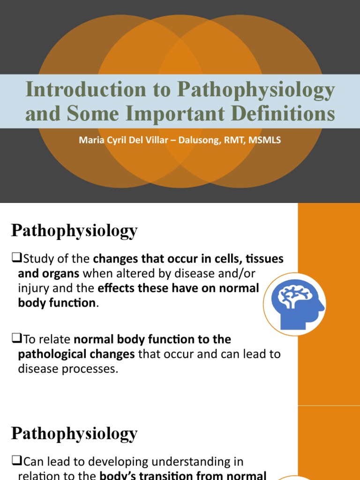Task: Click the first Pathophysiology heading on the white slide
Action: pyautogui.click(x=74, y=231)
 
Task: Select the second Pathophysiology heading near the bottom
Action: pyautogui.click(x=74, y=433)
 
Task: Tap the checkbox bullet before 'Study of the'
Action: pyautogui.click(x=16, y=259)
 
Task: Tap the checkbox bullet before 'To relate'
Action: pyautogui.click(x=16, y=339)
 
